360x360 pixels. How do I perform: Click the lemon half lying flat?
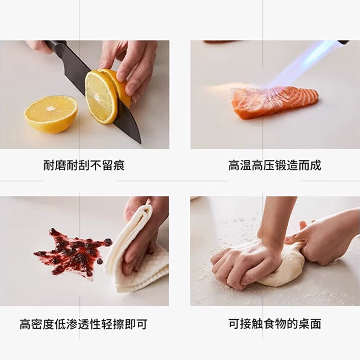pos(51,113)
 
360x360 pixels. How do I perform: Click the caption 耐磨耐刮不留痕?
pos(84,165)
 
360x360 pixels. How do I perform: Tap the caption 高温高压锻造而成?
pos(274,165)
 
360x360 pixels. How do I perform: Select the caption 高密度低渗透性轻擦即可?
pos(84,324)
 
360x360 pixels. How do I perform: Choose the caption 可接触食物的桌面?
pos(274,324)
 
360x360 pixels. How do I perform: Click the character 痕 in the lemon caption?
pos(119,165)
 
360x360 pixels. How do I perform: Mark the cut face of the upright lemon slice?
pos(100,97)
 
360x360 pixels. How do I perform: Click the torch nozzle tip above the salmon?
pos(343,42)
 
